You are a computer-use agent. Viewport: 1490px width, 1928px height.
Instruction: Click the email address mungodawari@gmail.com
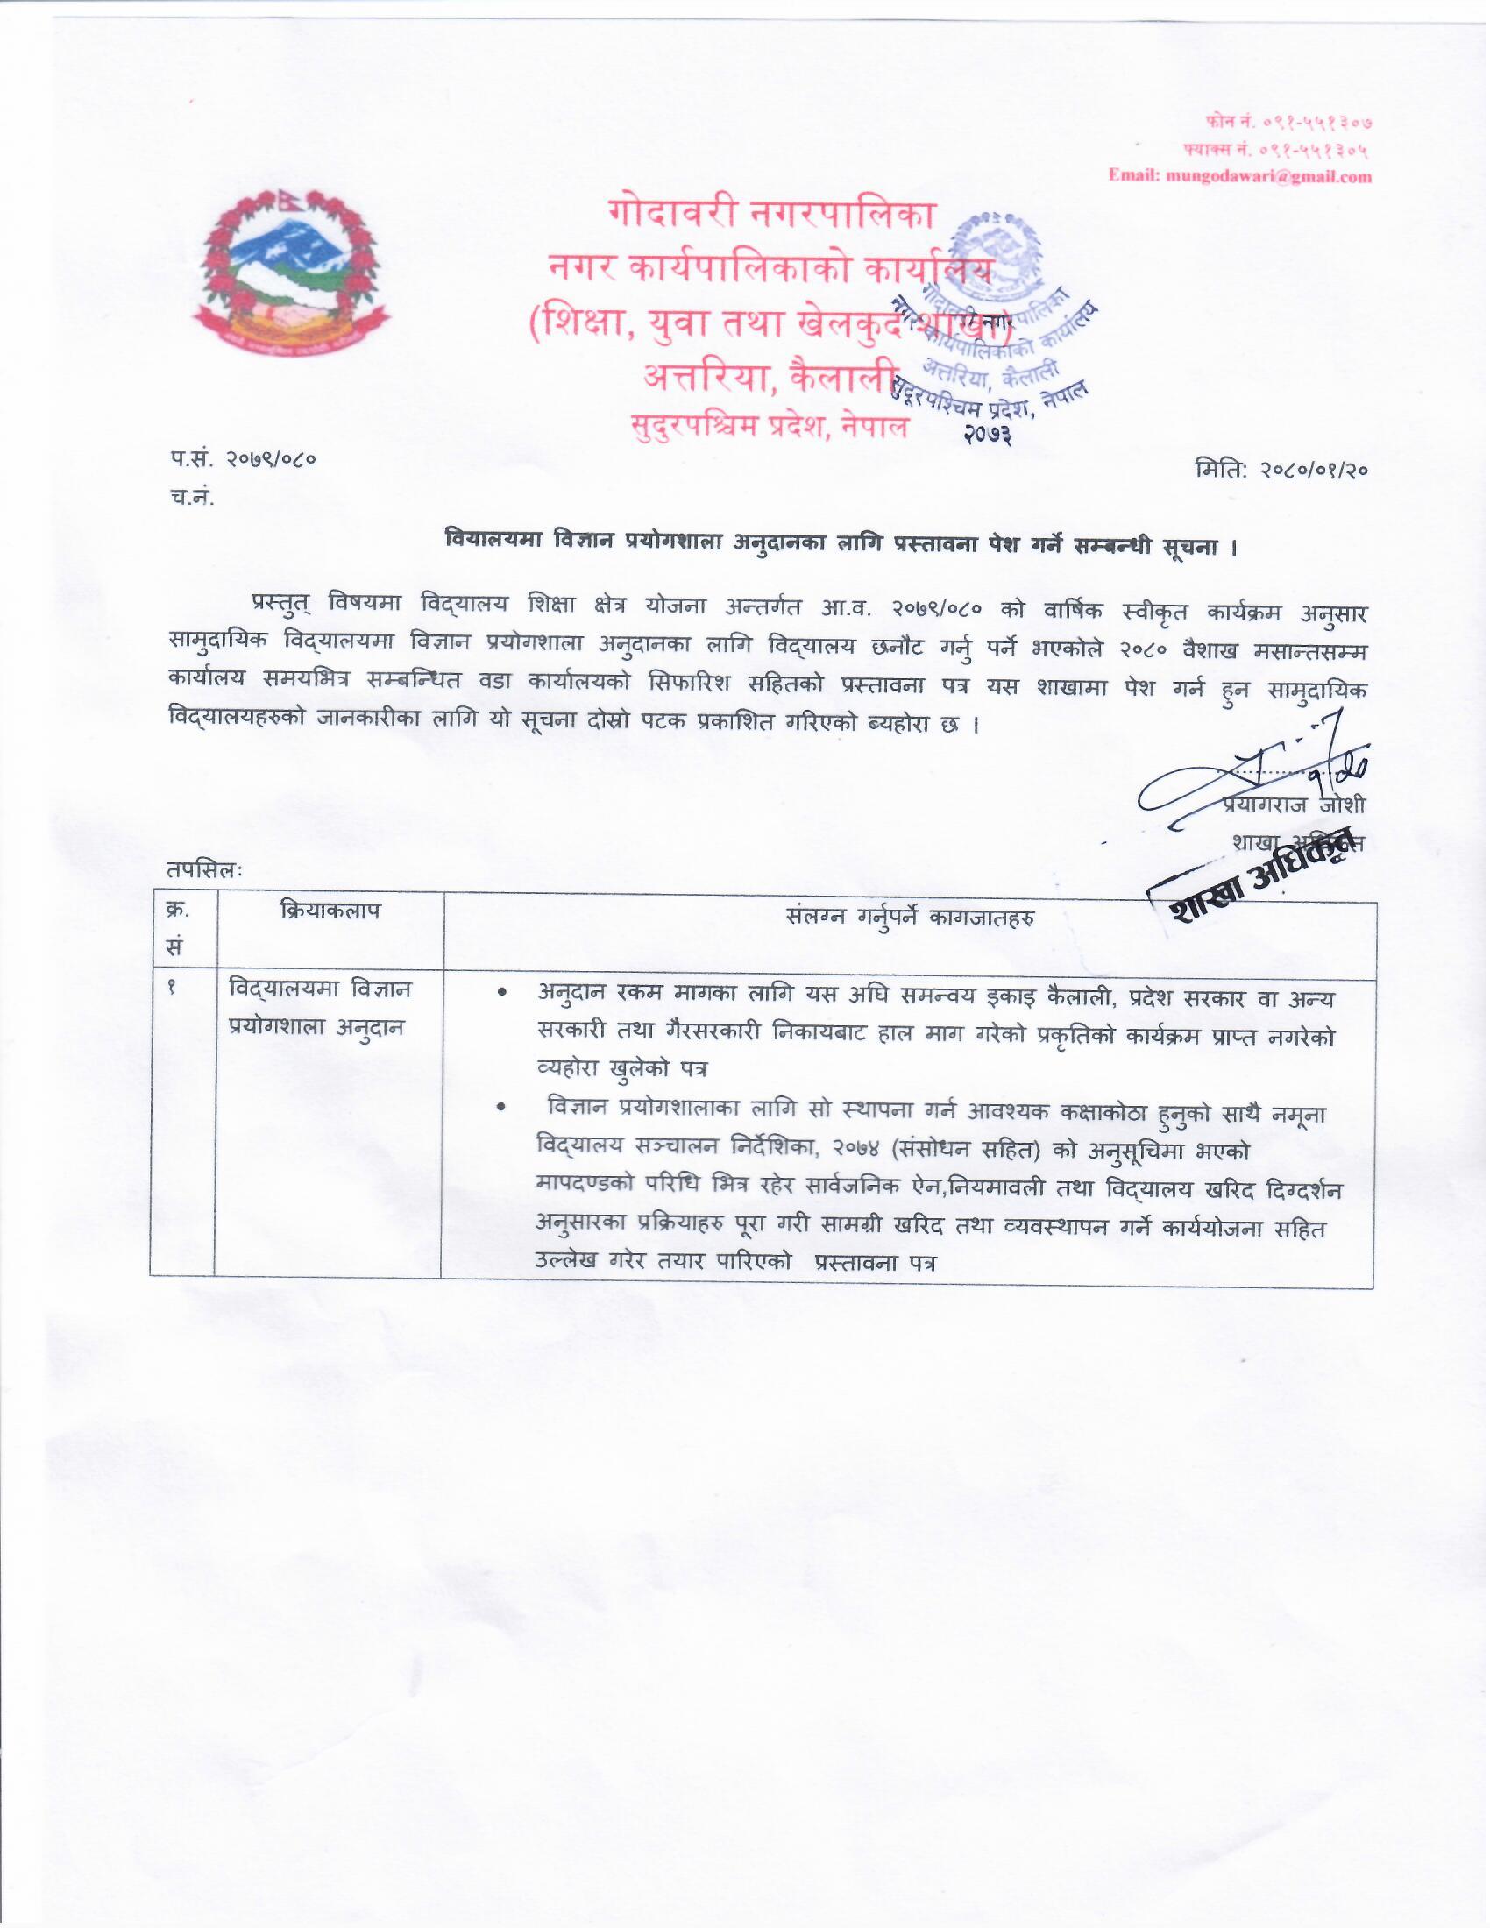tap(1240, 175)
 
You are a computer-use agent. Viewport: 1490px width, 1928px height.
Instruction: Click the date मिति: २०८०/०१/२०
tap(1280, 471)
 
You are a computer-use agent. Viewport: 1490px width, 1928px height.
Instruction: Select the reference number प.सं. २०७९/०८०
tap(243, 459)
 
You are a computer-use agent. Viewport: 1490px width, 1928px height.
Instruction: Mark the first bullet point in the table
tap(502, 995)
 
